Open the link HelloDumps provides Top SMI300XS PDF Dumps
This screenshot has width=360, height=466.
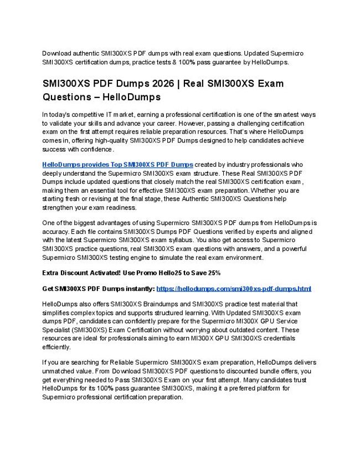118,165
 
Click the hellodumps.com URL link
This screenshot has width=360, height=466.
234,289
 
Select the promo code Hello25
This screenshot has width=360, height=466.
167,273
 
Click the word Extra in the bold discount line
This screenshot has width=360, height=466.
51,273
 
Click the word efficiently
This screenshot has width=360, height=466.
56,347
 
